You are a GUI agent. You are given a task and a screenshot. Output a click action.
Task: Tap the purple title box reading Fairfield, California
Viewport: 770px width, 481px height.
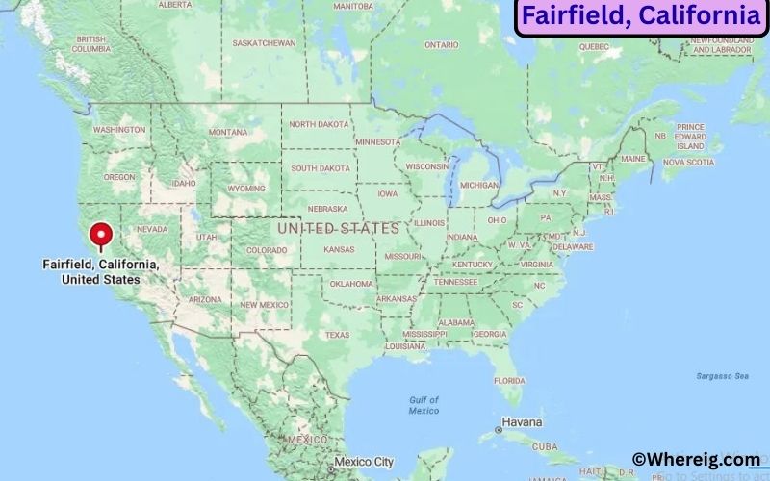coord(641,16)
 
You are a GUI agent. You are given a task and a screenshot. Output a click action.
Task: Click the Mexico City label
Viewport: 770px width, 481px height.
coord(364,462)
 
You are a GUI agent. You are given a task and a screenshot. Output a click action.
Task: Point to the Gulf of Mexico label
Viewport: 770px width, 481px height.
coord(423,405)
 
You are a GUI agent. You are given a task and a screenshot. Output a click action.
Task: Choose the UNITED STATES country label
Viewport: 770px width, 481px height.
coord(338,229)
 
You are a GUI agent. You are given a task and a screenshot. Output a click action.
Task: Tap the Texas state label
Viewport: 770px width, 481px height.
coord(337,335)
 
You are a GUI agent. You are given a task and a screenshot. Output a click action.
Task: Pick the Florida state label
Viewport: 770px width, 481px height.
coord(509,380)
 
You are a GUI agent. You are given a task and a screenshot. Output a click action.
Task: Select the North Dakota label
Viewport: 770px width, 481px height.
coord(320,124)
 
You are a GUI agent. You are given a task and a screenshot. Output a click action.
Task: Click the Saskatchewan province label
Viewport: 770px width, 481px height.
coord(264,43)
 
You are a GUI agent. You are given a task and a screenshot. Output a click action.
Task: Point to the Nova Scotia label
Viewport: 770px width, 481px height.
coord(689,162)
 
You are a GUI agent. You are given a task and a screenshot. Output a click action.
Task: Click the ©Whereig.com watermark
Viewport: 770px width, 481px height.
coord(695,461)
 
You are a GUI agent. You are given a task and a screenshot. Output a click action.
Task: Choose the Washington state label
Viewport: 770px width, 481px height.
coord(119,129)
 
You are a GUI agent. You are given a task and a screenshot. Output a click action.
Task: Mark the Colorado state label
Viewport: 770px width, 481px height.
coord(267,250)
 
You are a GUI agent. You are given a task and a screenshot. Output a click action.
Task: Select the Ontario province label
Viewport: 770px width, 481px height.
coord(442,44)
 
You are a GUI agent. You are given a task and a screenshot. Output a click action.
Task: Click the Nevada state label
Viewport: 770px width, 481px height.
coord(152,229)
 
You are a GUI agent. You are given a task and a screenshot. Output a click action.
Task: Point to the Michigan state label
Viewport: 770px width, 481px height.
coord(479,185)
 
